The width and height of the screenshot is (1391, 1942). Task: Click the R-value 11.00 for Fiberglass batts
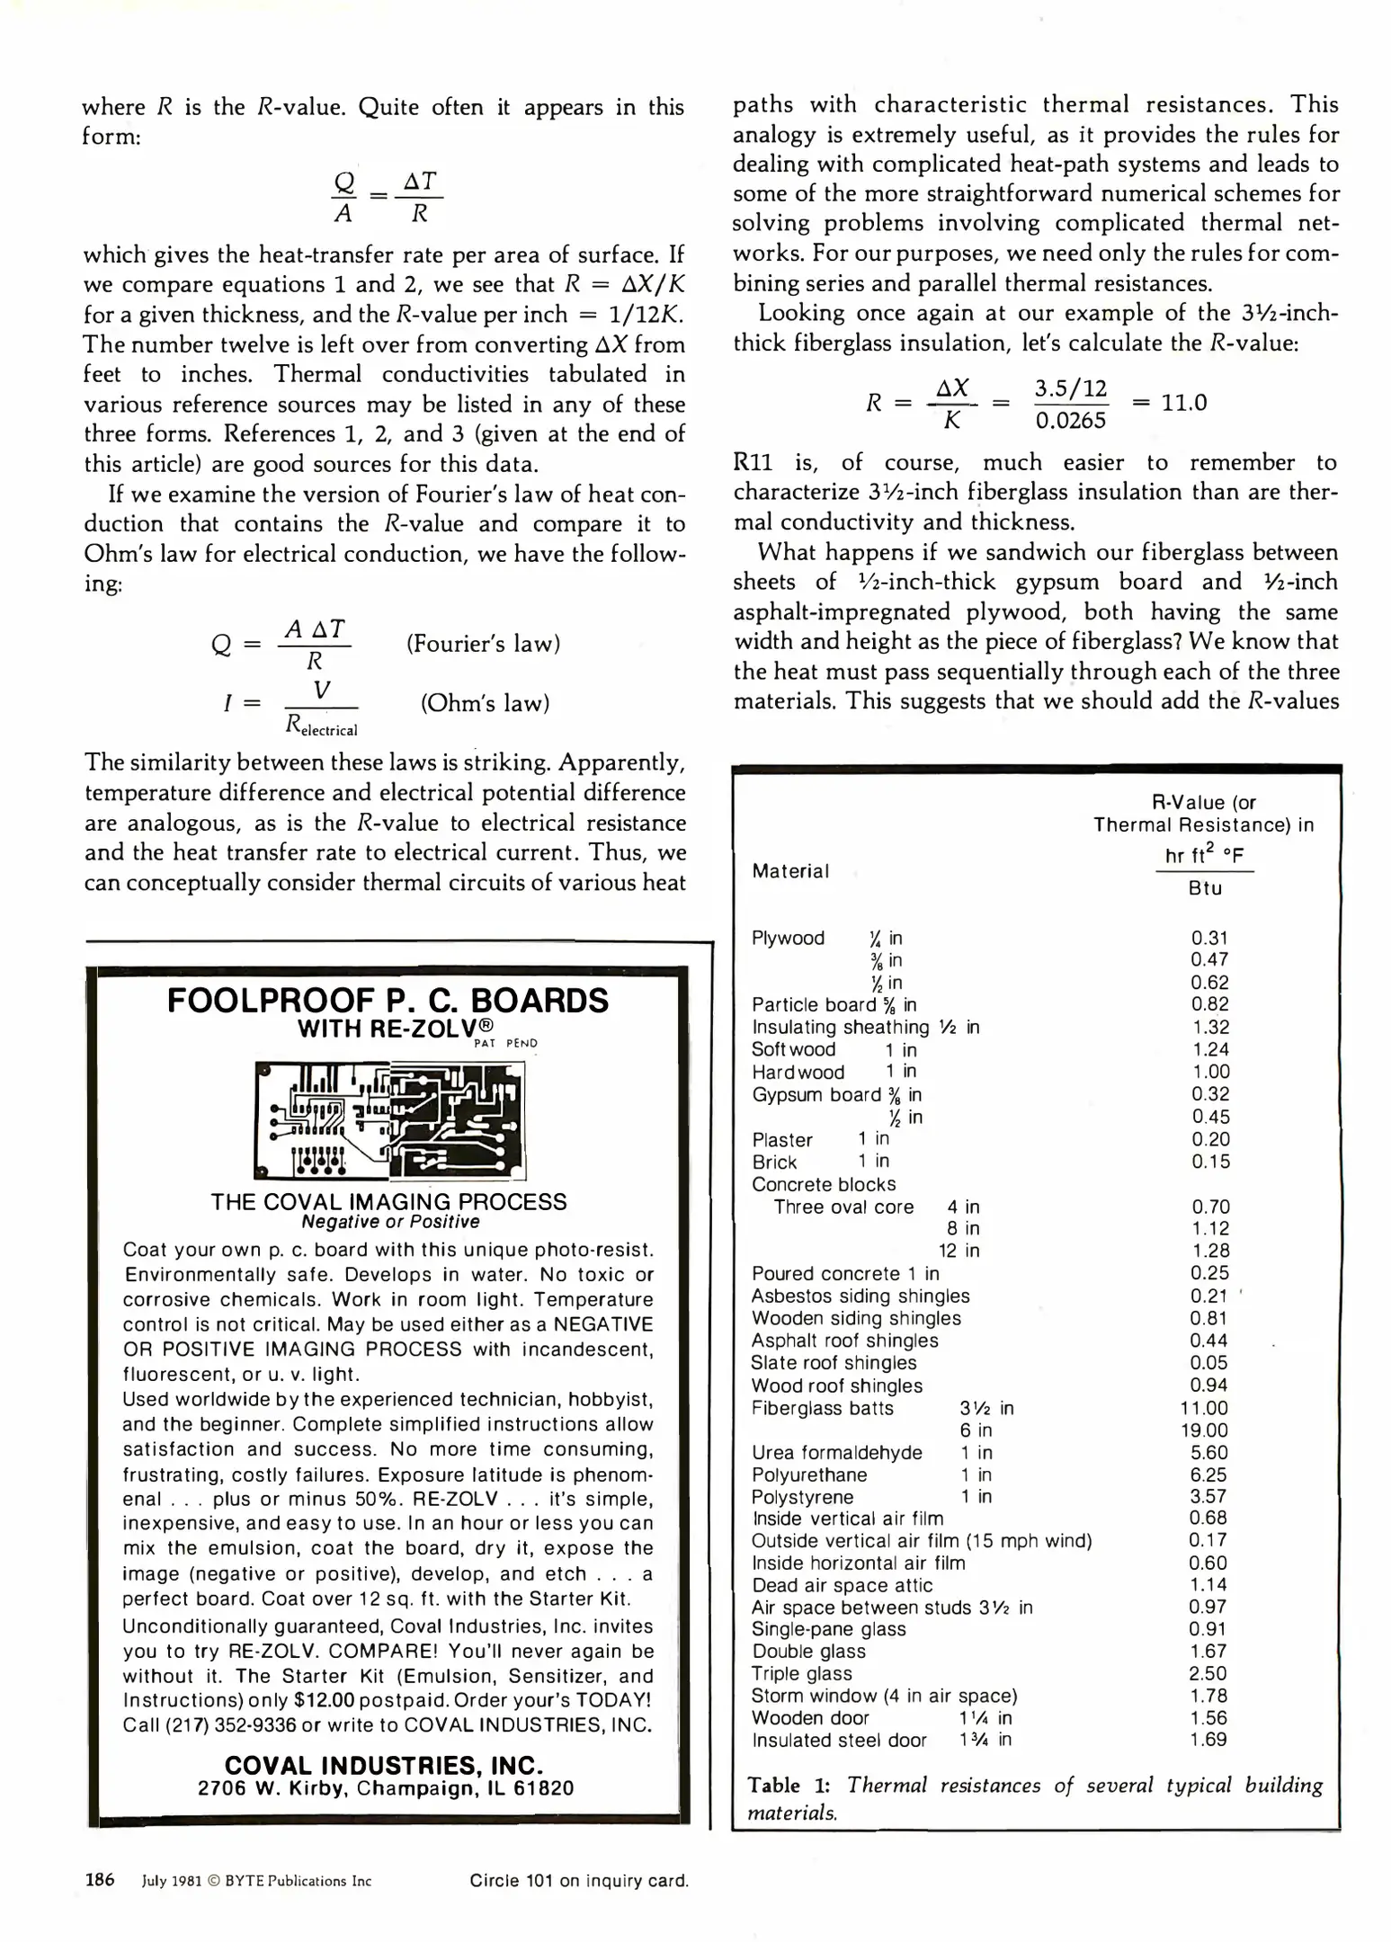[x=1204, y=1408]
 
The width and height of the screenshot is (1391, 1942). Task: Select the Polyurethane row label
[x=809, y=1474]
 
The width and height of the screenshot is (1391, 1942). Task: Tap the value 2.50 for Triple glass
[x=1208, y=1673]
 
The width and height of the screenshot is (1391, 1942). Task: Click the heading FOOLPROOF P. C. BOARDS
[x=388, y=1001]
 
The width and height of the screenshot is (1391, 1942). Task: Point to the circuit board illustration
[x=389, y=1119]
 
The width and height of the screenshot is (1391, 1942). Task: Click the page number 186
[x=100, y=1879]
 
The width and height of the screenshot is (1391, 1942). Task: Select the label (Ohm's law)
[x=485, y=703]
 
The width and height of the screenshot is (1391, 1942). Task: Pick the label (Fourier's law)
[x=483, y=644]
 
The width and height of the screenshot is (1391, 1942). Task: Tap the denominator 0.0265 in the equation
[x=1070, y=420]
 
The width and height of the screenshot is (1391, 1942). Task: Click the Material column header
[x=790, y=870]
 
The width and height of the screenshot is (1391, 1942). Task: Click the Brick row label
[x=774, y=1162]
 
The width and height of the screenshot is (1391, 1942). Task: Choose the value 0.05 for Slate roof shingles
[x=1208, y=1363]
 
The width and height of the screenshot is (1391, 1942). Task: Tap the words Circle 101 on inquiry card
[x=579, y=1880]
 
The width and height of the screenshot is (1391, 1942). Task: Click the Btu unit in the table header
[x=1205, y=888]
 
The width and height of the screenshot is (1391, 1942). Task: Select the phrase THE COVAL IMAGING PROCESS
[x=388, y=1202]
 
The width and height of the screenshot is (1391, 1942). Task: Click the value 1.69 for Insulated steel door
[x=1208, y=1740]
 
